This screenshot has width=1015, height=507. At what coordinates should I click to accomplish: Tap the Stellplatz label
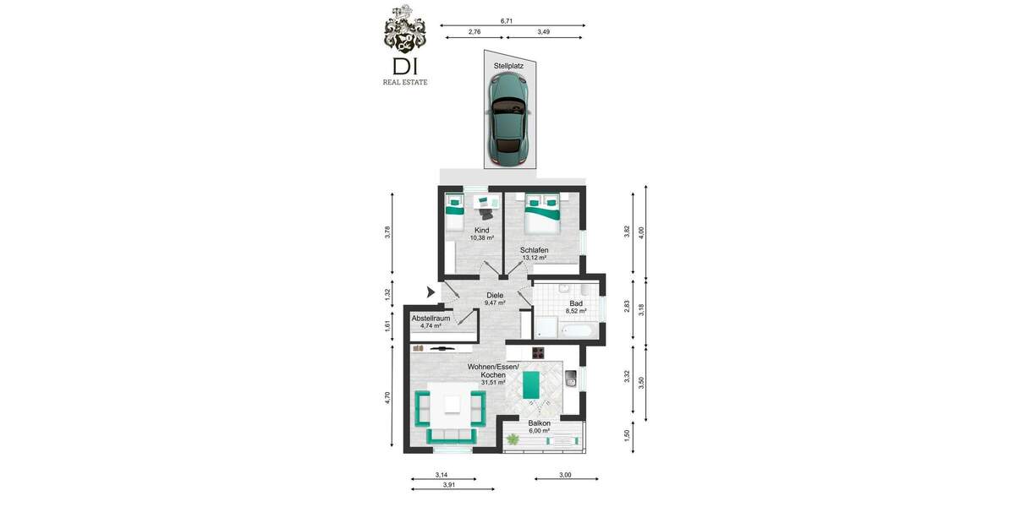(507, 65)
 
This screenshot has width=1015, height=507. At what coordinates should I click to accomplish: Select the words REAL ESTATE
(406, 82)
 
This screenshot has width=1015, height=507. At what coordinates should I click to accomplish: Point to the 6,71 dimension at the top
(507, 20)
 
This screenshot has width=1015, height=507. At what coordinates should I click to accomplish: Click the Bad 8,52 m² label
(576, 307)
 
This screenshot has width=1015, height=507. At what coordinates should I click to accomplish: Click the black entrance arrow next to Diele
(431, 292)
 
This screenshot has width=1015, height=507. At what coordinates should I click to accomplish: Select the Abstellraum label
(430, 321)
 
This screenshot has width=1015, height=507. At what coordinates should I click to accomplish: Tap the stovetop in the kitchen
(540, 352)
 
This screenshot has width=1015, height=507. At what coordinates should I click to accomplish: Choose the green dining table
(532, 385)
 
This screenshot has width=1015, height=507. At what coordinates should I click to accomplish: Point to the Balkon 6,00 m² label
(540, 427)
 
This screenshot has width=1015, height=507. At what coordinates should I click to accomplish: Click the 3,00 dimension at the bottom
(565, 476)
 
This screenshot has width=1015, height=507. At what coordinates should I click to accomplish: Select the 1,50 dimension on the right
(626, 434)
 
